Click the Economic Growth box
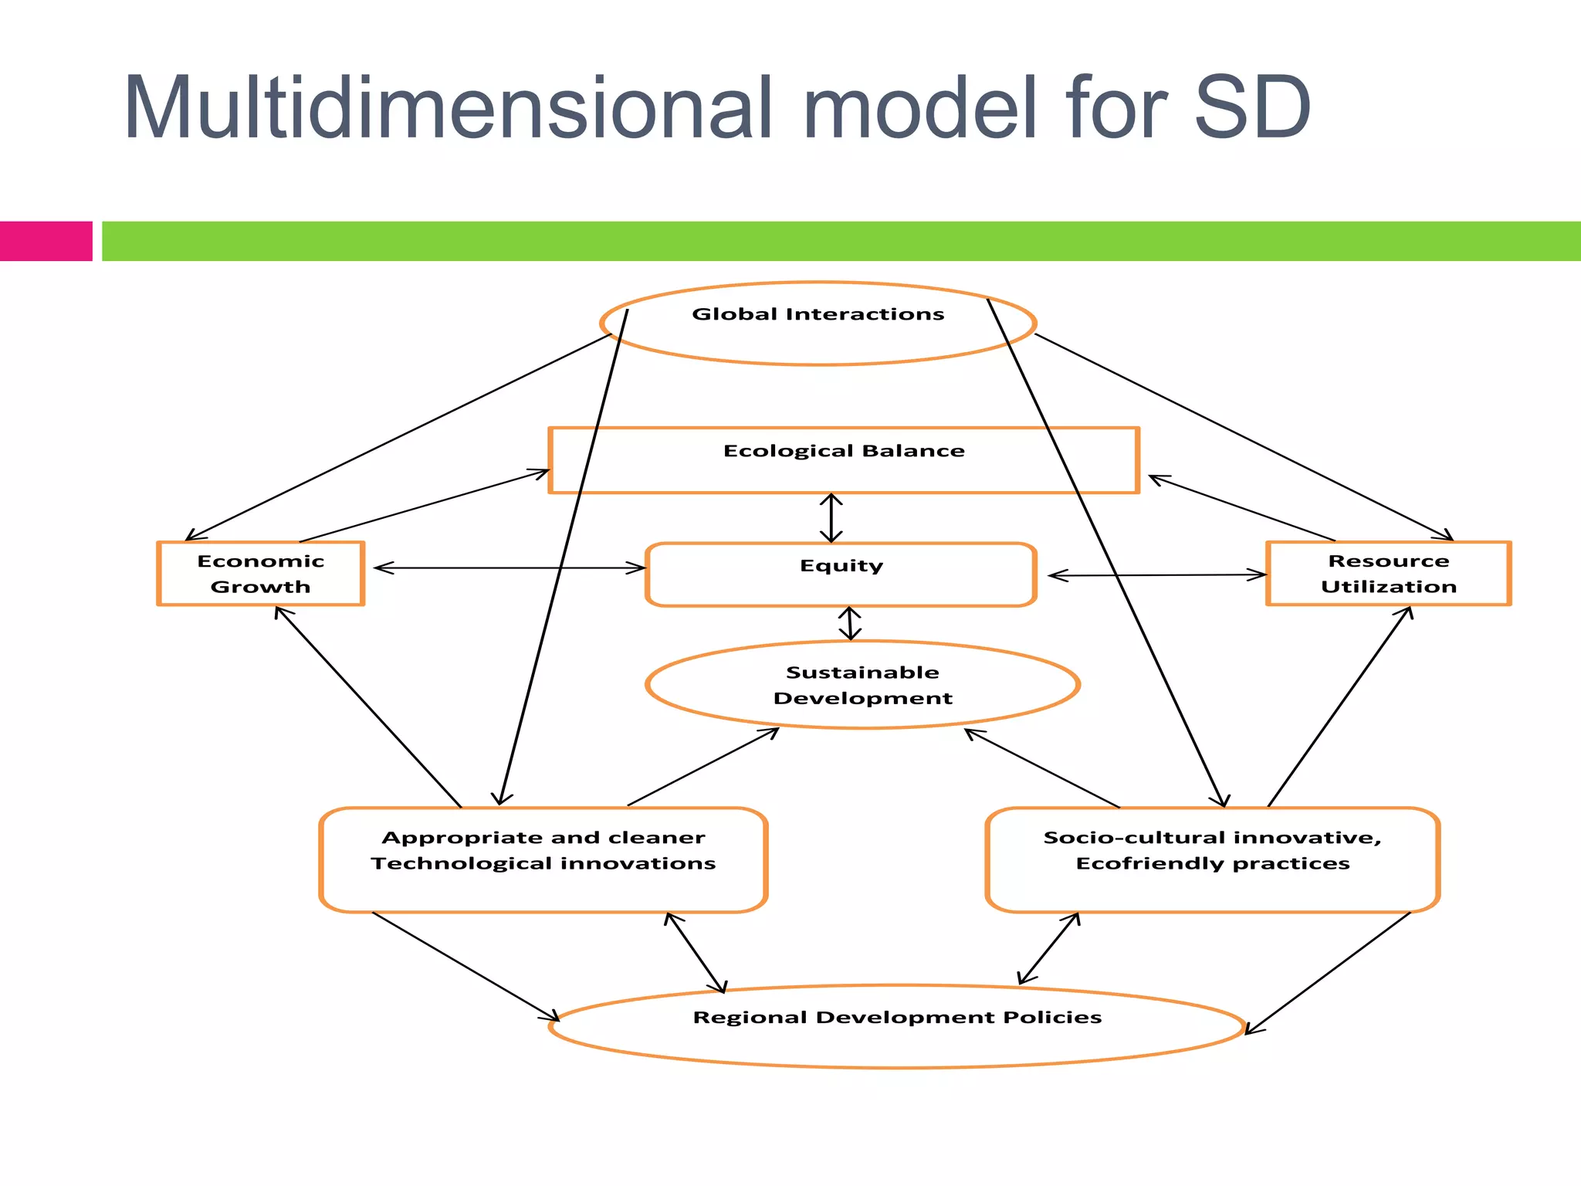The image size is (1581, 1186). pyautogui.click(x=260, y=573)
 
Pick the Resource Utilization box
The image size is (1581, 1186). pyautogui.click(x=1388, y=573)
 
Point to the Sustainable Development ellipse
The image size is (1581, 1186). pyautogui.click(x=862, y=684)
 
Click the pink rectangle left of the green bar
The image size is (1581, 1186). pyautogui.click(x=46, y=241)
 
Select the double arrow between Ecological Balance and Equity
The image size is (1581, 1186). pyautogui.click(x=831, y=518)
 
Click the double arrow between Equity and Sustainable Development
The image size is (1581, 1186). pyautogui.click(x=850, y=624)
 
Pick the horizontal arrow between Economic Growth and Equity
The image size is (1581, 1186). pyautogui.click(x=510, y=568)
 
